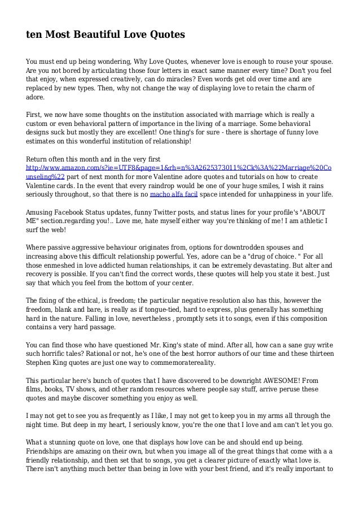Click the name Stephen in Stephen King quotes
coord(43,362)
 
